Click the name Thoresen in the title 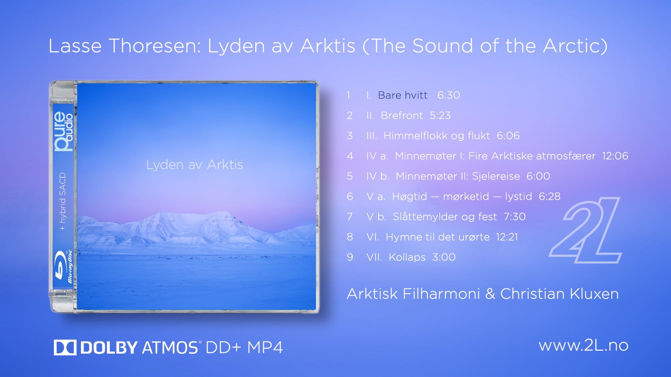pyautogui.click(x=155, y=46)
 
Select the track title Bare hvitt pyautogui.click(x=403, y=95)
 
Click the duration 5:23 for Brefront pyautogui.click(x=440, y=115)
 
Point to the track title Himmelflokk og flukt pyautogui.click(x=436, y=135)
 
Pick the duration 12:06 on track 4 pyautogui.click(x=615, y=156)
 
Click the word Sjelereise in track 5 pyautogui.click(x=496, y=176)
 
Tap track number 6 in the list pyautogui.click(x=350, y=196)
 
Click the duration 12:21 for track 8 pyautogui.click(x=507, y=237)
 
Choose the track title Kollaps pyautogui.click(x=407, y=257)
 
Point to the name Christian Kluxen pyautogui.click(x=559, y=294)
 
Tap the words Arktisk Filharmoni pyautogui.click(x=413, y=294)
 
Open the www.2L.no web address pyautogui.click(x=584, y=345)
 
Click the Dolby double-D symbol pyautogui.click(x=65, y=348)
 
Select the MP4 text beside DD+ pyautogui.click(x=265, y=348)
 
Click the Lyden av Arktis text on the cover pyautogui.click(x=194, y=165)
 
